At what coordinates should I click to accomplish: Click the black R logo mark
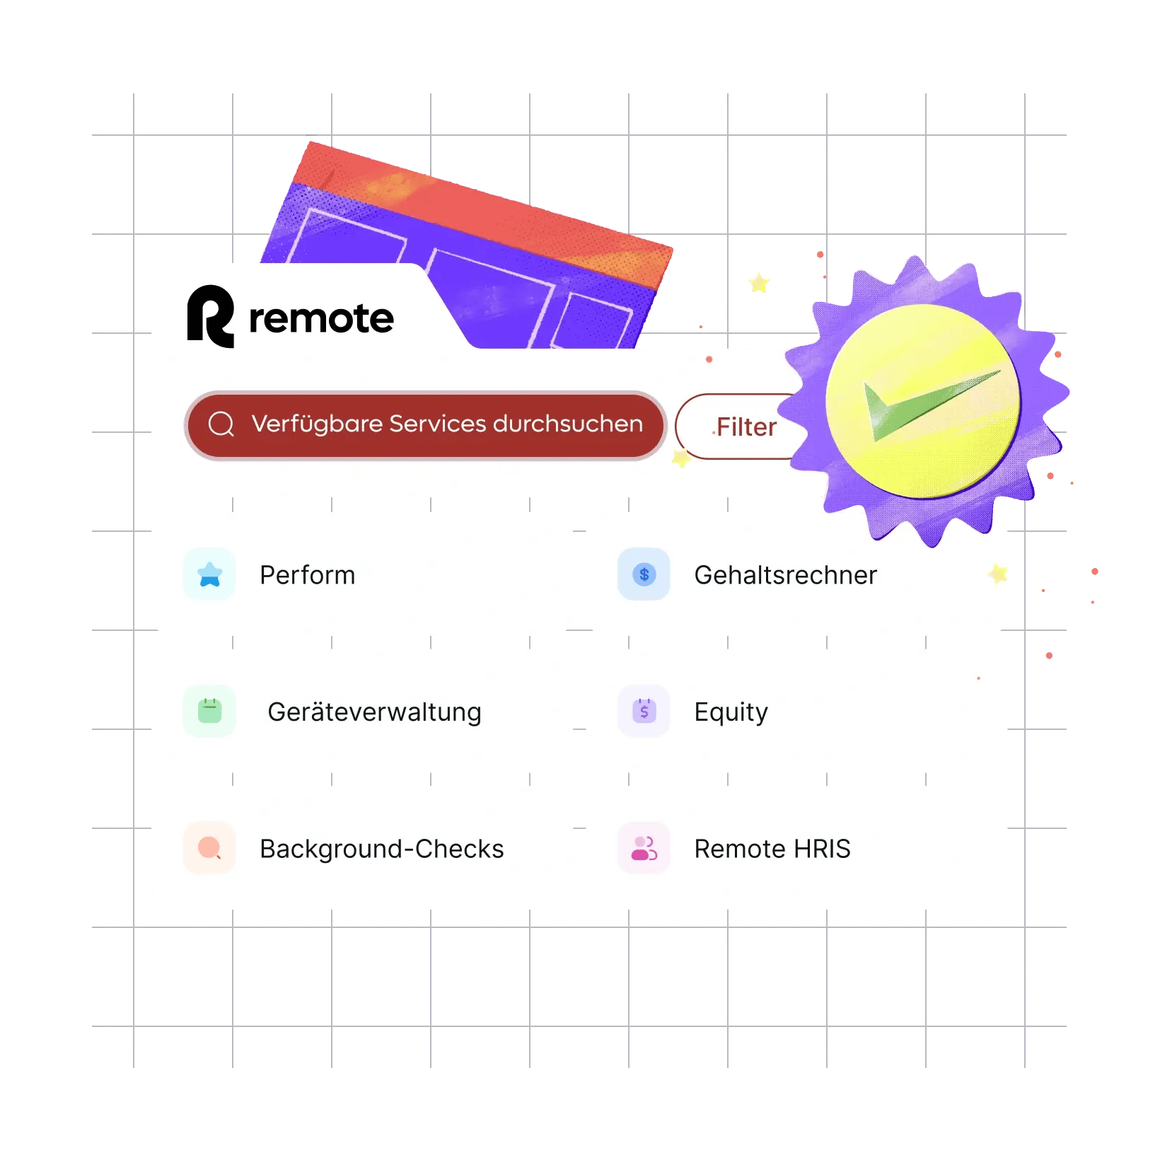point(210,316)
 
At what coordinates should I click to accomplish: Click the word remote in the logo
point(321,318)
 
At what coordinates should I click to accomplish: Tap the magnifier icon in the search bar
point(221,424)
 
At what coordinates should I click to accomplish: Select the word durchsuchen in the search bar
point(568,424)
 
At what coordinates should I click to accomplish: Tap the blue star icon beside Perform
point(210,574)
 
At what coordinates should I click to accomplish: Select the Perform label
point(307,575)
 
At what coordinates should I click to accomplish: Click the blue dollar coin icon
point(644,574)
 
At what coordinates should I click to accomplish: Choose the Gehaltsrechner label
point(785,575)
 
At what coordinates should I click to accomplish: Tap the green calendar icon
point(210,711)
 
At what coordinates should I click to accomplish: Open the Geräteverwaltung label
point(374,712)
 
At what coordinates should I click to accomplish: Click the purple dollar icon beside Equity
point(644,711)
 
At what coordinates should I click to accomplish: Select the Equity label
point(731,712)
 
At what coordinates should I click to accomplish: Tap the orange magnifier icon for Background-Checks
point(210,847)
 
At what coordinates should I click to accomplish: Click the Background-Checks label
point(381,849)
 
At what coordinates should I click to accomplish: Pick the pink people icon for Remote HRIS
point(644,848)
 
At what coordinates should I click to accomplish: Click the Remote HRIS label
point(772,849)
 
